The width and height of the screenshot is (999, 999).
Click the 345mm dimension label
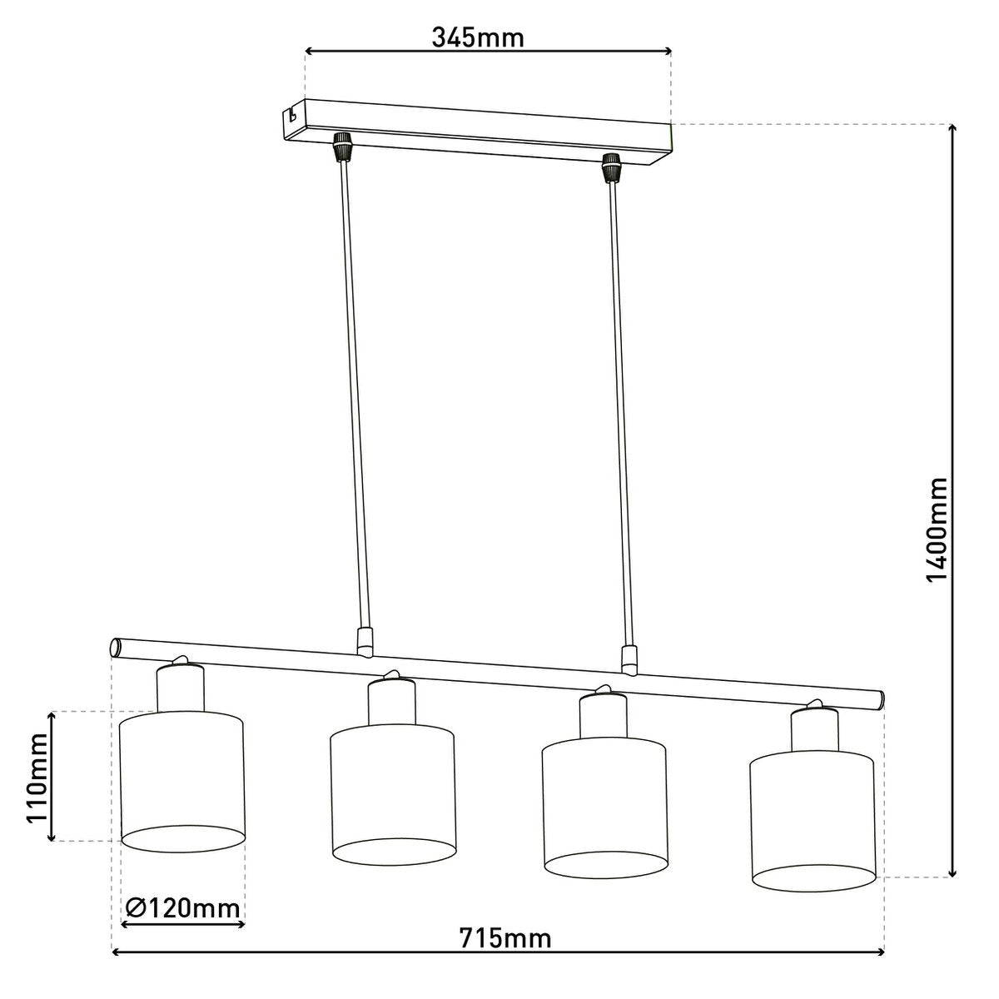[x=478, y=37]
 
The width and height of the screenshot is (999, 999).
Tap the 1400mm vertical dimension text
[x=938, y=530]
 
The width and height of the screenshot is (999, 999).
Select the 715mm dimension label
[x=505, y=939]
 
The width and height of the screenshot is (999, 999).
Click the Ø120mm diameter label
[x=183, y=907]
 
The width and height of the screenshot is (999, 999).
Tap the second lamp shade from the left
[x=393, y=795]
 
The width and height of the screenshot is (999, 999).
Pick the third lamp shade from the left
[x=604, y=812]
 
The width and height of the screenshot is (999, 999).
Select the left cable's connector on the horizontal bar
[x=363, y=640]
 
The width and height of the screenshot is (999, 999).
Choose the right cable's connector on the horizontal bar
[x=630, y=659]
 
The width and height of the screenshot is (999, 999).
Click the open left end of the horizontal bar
[x=116, y=647]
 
